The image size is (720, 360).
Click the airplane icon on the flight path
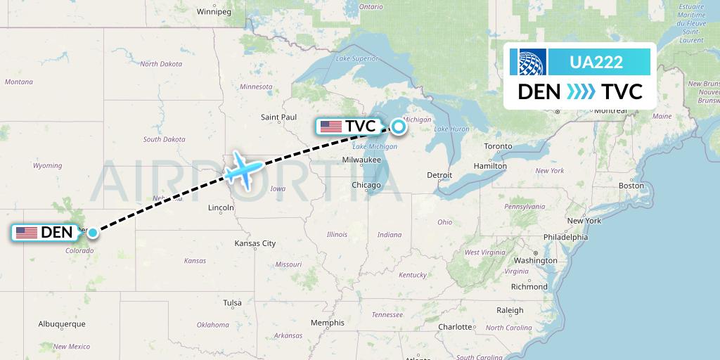[x=243, y=169]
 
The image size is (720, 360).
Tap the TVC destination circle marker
[x=399, y=127]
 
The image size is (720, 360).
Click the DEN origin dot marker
[x=92, y=232]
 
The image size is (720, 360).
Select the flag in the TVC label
[x=330, y=127]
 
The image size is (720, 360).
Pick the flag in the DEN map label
[x=27, y=232]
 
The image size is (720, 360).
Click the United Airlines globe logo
[x=528, y=62]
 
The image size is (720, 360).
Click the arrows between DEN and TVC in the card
[x=580, y=91]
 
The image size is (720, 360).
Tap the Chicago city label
[x=366, y=185]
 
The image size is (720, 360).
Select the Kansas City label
[x=255, y=243]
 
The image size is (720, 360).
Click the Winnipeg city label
[x=214, y=12]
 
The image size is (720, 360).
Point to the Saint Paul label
[x=279, y=117]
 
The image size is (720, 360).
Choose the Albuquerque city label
[x=62, y=323]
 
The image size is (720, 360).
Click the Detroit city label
[x=439, y=174]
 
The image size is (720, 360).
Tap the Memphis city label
[x=328, y=323]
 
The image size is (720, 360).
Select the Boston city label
[x=631, y=185]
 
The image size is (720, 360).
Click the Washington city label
[x=535, y=260]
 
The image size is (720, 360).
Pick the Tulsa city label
[x=232, y=302]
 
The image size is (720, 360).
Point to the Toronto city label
[x=498, y=146]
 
